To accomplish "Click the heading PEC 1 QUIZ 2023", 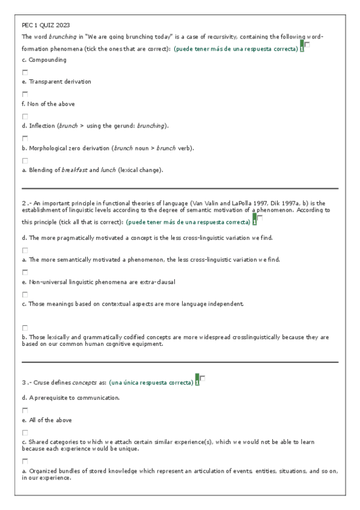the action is [x=46, y=25].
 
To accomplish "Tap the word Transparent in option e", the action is [x=44, y=82].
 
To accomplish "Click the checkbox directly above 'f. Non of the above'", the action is [x=25, y=94].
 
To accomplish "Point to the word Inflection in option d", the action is [x=41, y=126].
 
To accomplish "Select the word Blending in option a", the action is [x=41, y=170].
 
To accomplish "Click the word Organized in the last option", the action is [x=43, y=472].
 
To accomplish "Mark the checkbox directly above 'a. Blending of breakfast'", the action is [x=25, y=161].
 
